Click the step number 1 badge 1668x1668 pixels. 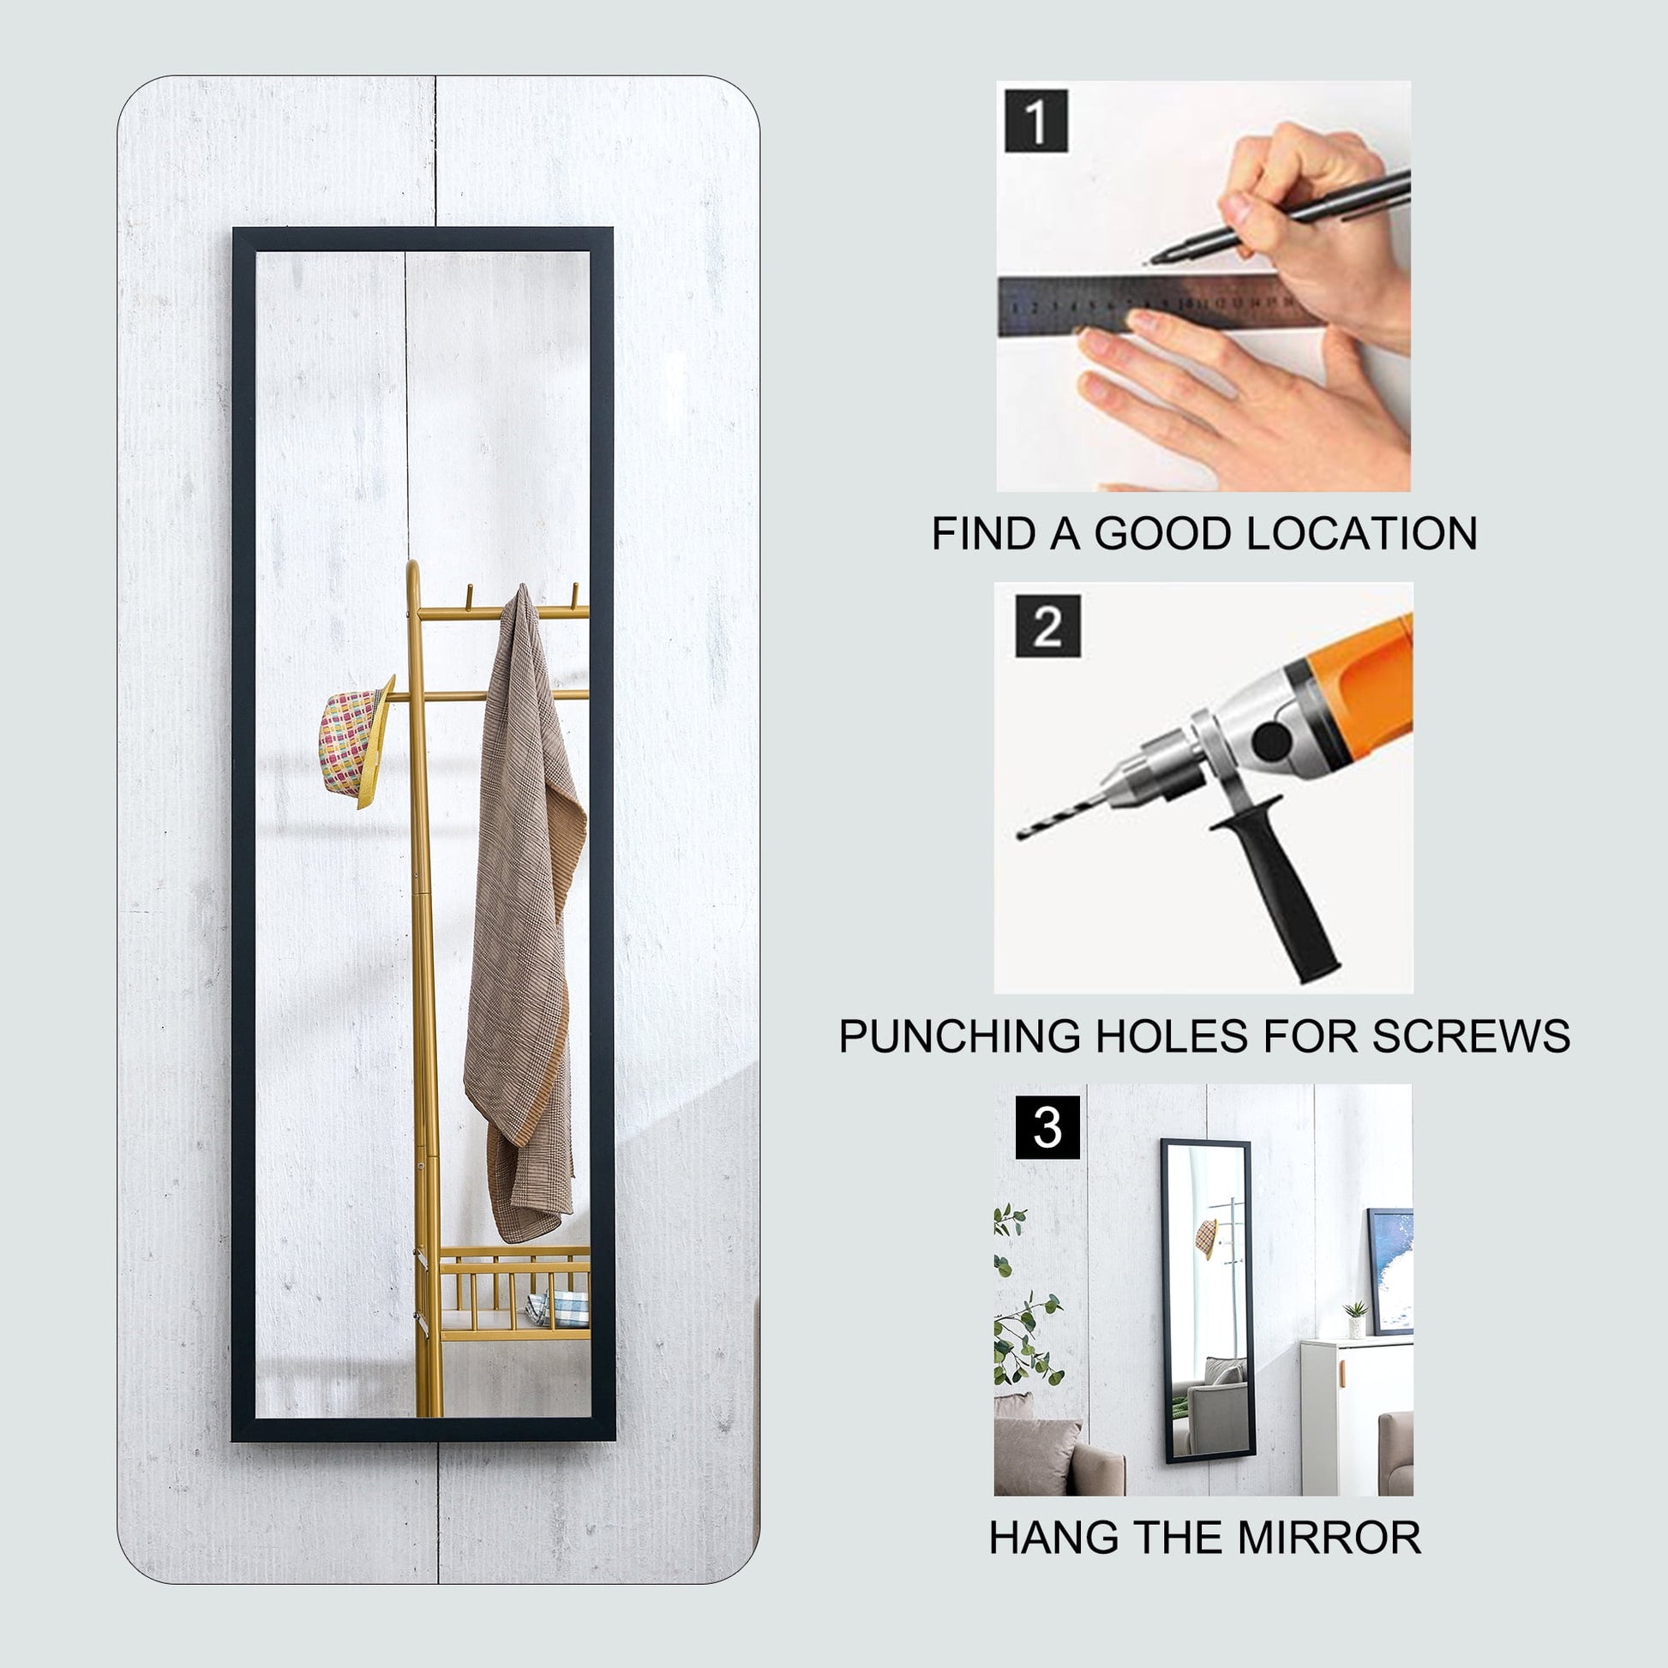pos(1036,120)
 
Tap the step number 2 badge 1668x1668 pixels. pos(1047,626)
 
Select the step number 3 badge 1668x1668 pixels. pos(1047,1127)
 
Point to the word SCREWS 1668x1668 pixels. pos(1471,1036)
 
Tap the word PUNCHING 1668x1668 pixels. pos(960,1036)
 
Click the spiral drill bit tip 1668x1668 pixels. pos(1023,834)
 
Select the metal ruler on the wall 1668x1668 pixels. pos(1157,303)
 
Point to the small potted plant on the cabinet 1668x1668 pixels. pos(1355,1320)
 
